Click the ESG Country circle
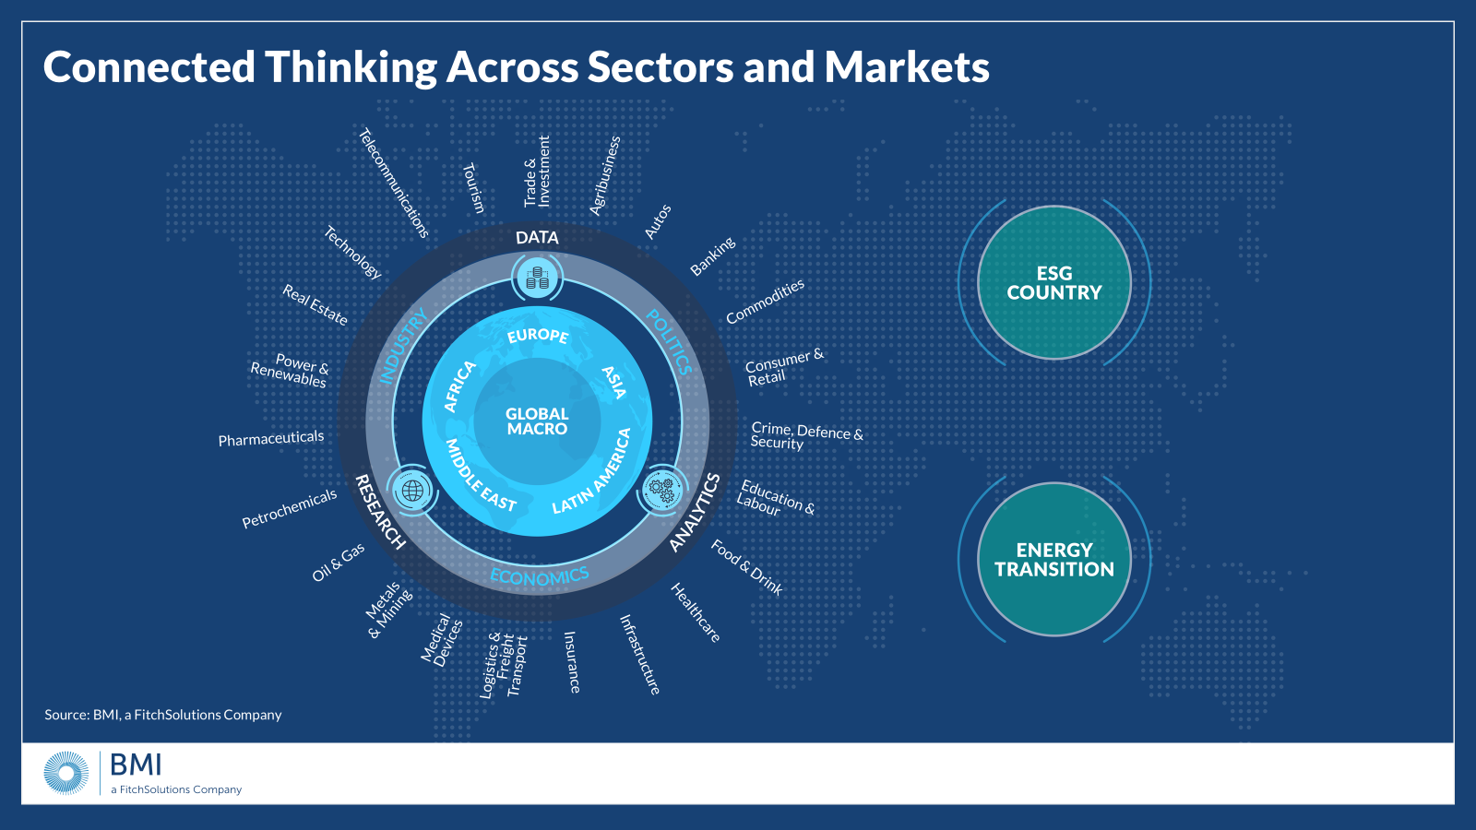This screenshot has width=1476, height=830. point(1054,282)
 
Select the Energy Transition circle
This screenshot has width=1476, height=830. point(1054,559)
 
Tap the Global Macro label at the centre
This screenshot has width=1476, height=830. point(537,421)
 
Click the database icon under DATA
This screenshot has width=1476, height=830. point(537,277)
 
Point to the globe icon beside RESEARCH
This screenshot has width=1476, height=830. point(412,490)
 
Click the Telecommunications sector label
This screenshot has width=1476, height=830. point(394,183)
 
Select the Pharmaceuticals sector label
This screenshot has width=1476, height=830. point(271,438)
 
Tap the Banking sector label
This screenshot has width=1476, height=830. point(713,255)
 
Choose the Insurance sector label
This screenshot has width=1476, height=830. point(572,662)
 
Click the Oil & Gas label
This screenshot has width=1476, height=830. point(339,562)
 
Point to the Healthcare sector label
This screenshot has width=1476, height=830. point(696,612)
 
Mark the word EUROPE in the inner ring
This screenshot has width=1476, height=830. point(538,335)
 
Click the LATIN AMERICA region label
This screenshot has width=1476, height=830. point(592,471)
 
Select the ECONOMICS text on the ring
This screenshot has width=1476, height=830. point(540,577)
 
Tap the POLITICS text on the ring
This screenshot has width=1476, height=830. point(669,341)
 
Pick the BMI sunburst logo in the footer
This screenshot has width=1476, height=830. point(66,773)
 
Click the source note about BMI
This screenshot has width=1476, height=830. point(163,715)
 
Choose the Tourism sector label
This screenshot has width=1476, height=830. point(473,188)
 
